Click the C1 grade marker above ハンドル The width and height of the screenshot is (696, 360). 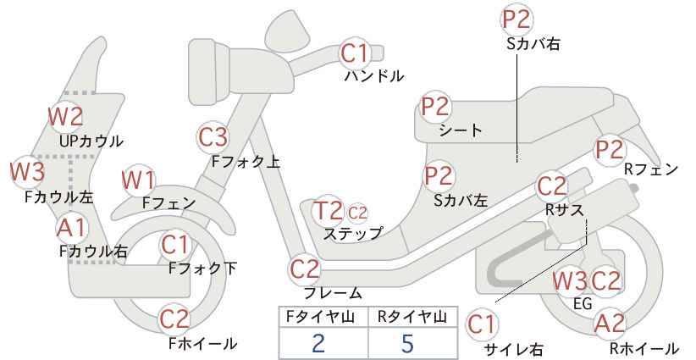(355, 53)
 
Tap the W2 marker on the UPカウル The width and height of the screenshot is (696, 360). (66, 117)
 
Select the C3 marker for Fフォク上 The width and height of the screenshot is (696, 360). (213, 137)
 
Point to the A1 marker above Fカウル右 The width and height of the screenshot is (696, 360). (72, 229)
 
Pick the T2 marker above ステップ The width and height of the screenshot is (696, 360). (328, 210)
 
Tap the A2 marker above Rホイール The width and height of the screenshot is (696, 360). (610, 324)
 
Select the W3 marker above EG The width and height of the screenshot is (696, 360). (570, 281)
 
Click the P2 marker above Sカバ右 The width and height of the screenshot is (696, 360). (516, 19)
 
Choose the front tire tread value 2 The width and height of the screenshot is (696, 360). (318, 343)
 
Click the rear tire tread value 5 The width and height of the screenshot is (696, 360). (407, 343)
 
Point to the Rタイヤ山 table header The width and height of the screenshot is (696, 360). (412, 317)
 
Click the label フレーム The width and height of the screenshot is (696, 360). (333, 293)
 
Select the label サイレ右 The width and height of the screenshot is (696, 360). (513, 349)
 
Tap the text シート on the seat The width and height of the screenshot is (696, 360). (461, 130)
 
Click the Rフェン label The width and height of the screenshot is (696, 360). (651, 169)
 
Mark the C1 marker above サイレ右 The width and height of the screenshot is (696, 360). (482, 325)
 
